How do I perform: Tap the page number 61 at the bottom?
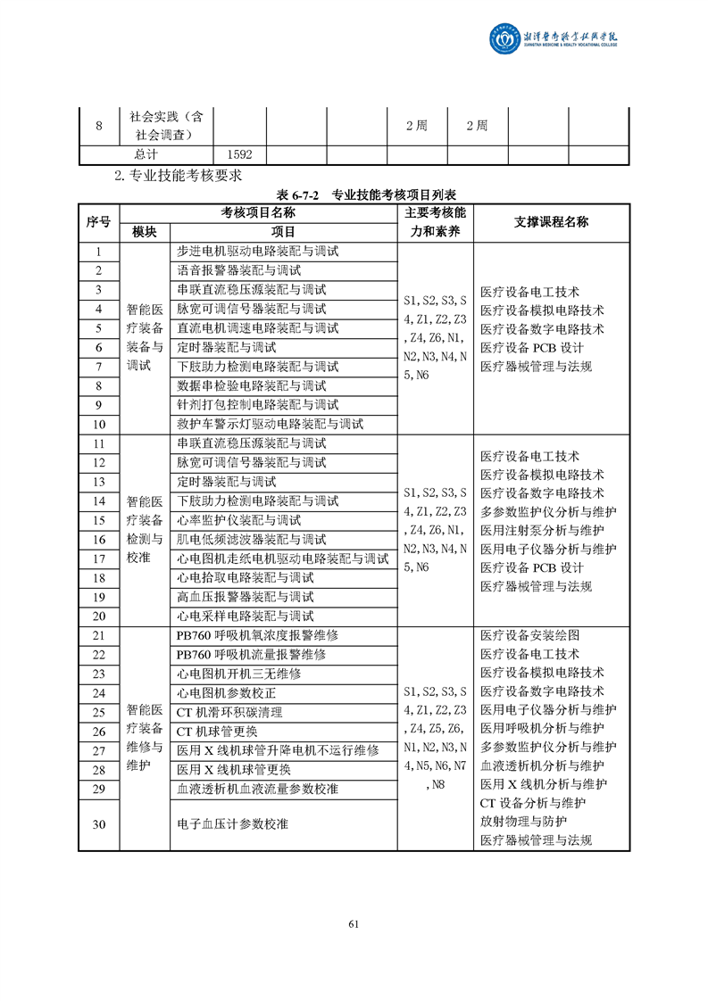click(354, 923)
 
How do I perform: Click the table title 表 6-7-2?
click(301, 194)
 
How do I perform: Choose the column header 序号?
click(98, 222)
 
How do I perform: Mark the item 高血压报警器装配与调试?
click(246, 597)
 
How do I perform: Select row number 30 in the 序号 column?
click(98, 824)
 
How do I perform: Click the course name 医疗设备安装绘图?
click(529, 635)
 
